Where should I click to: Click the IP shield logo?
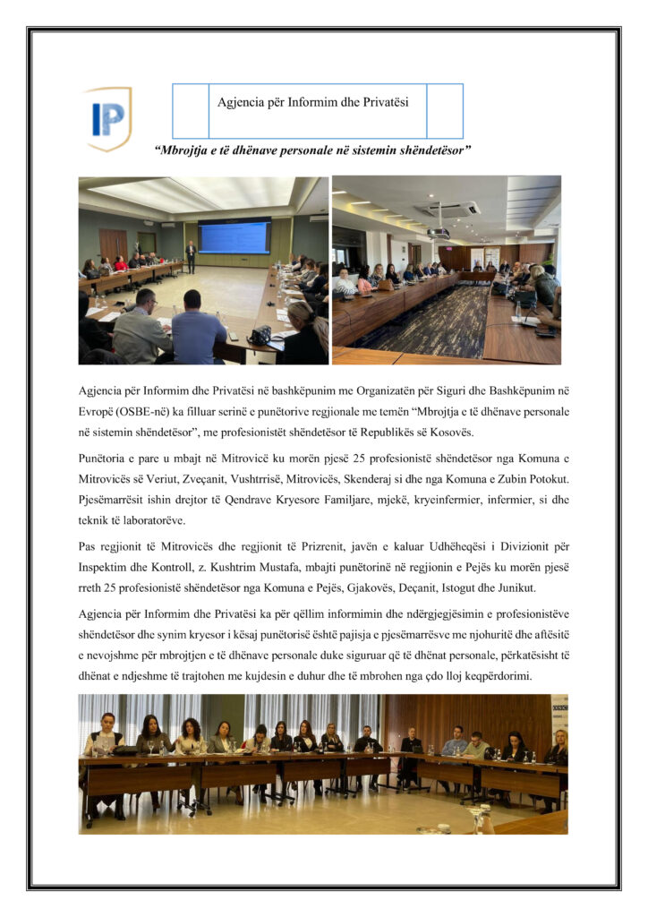tap(108, 117)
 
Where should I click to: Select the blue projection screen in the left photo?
tap(234, 237)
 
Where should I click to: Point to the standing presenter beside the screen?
tap(190, 255)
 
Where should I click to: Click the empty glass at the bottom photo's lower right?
tap(484, 820)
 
